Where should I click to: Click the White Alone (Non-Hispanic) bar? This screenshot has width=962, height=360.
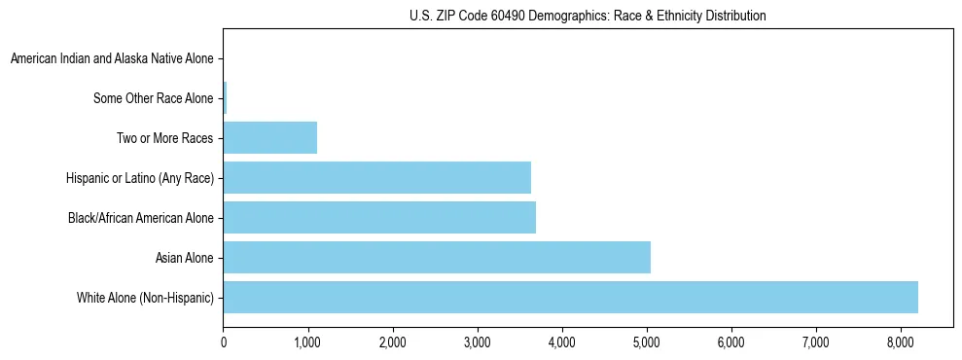click(570, 298)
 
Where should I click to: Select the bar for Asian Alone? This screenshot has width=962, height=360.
click(437, 258)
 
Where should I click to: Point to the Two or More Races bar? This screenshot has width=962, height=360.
click(270, 138)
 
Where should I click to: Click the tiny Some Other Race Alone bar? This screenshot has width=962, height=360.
click(226, 98)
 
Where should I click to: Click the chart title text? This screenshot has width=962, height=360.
click(588, 16)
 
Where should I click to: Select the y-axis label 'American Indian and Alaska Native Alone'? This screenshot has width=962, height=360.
click(112, 58)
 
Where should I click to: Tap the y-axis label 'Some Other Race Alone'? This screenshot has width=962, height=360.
click(153, 98)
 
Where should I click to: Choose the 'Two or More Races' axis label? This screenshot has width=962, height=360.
click(164, 138)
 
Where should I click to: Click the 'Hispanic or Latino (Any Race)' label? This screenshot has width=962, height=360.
click(139, 178)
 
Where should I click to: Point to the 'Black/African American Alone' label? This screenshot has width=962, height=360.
click(140, 218)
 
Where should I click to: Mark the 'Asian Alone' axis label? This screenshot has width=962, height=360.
click(184, 258)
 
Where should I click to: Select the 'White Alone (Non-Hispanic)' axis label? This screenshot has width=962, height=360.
click(145, 298)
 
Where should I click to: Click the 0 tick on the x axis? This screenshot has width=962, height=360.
click(224, 342)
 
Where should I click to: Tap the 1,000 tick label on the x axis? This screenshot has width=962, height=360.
click(308, 342)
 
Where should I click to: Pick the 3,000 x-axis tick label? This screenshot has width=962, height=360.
click(478, 342)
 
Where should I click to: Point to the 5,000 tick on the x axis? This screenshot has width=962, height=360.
click(647, 342)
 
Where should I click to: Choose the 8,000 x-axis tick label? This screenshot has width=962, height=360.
click(900, 342)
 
